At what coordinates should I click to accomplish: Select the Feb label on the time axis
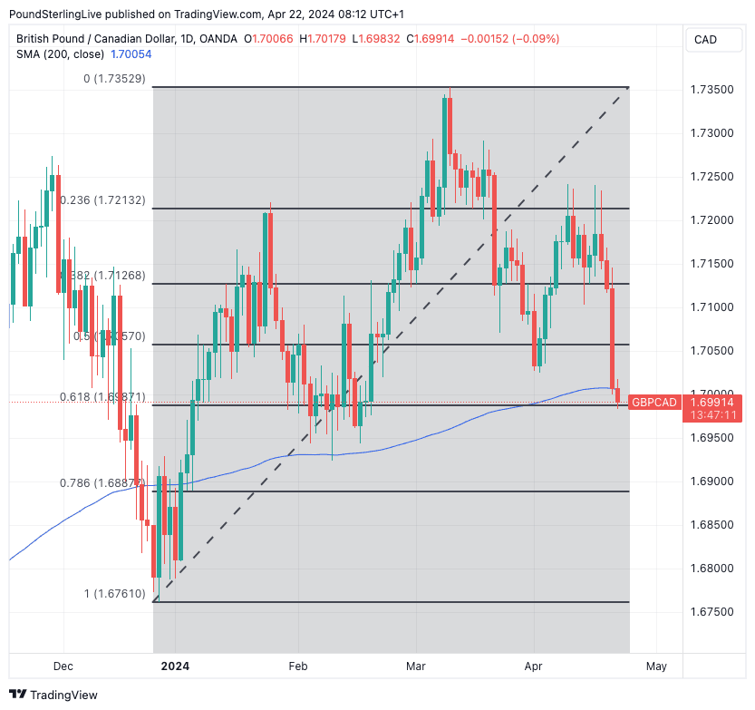point(298,666)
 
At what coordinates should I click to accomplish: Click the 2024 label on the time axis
point(175,666)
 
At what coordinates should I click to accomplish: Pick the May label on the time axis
point(656,666)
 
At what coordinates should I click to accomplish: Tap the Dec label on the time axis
point(63,666)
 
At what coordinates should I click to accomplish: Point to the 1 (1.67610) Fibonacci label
point(113,594)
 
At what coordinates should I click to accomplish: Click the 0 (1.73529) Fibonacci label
point(113,80)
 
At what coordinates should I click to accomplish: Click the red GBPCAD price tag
point(654,402)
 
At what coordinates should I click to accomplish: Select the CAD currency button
point(705,39)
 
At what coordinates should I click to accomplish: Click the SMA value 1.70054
point(131,54)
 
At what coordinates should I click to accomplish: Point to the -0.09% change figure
point(536,39)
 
